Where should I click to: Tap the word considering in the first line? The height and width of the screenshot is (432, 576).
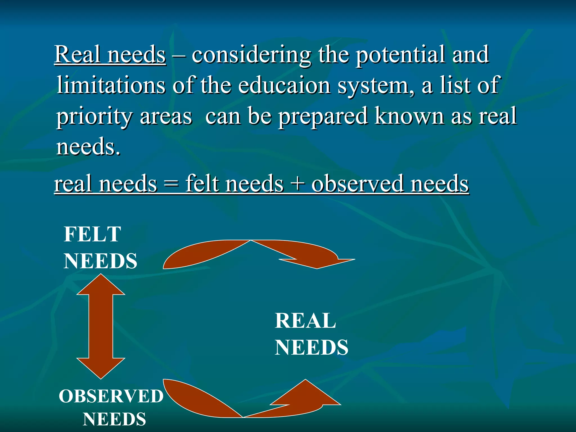coord(251,55)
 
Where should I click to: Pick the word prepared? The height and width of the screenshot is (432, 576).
coord(323,117)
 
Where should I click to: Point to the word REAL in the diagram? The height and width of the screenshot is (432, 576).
coord(305,321)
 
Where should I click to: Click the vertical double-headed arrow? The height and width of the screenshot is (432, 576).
coord(101,326)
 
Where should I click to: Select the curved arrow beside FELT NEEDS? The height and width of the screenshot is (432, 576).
coord(253,253)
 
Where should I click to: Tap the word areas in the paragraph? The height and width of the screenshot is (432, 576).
coord(166,117)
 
